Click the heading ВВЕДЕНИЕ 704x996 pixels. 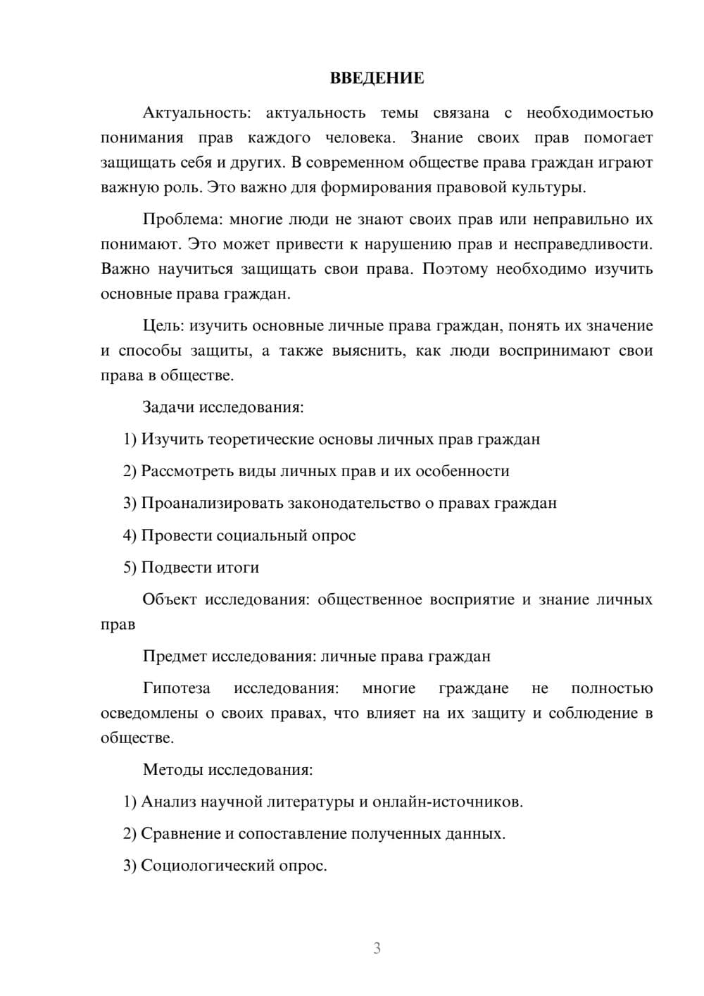pyautogui.click(x=377, y=78)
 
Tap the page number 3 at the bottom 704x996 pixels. pyautogui.click(x=377, y=948)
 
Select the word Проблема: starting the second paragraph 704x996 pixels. pyautogui.click(x=182, y=219)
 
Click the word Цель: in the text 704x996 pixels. pyautogui.click(x=163, y=325)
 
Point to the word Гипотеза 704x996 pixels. pyautogui.click(x=177, y=688)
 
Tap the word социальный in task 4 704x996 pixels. pyautogui.click(x=265, y=535)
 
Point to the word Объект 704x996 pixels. pyautogui.click(x=170, y=599)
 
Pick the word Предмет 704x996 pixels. pyautogui.click(x=174, y=656)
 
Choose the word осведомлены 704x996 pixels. pyautogui.click(x=148, y=714)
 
